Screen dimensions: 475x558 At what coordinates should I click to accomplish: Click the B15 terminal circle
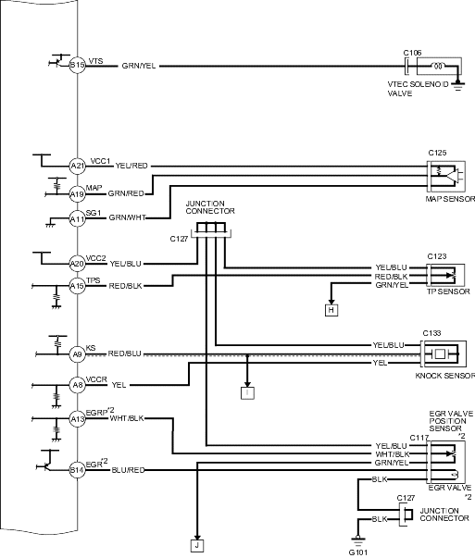77,66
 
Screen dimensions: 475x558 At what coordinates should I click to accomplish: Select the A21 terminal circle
77,166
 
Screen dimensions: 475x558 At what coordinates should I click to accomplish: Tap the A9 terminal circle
77,354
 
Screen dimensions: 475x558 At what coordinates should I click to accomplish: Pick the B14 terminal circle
77,470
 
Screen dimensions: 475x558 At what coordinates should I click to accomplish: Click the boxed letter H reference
331,310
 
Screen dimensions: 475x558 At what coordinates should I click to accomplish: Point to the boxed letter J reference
197,546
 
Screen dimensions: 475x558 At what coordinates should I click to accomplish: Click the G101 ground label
357,552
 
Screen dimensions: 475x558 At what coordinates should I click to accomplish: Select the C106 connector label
412,53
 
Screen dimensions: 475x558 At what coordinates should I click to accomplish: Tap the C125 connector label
437,153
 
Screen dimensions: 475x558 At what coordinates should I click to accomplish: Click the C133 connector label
431,333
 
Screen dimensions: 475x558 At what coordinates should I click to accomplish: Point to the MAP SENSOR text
450,199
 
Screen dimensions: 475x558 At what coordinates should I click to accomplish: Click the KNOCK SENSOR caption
445,376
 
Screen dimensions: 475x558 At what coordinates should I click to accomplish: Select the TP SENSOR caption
449,291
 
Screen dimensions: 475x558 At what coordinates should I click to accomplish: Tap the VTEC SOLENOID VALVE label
418,89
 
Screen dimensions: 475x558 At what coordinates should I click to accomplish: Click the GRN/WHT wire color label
128,217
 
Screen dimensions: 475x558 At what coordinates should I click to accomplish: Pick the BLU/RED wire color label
128,470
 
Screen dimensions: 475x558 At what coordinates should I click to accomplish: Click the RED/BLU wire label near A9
125,353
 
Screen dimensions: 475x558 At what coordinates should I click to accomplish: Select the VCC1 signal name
100,161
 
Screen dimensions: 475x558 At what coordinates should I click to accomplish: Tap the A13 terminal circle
77,419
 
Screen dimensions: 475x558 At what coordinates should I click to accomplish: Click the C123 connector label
437,256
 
